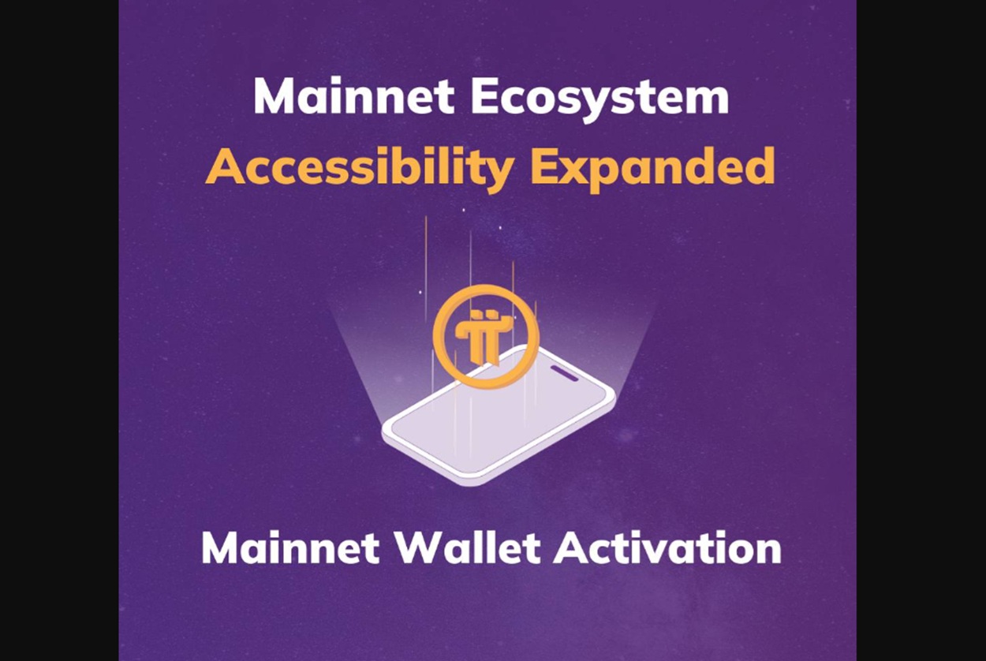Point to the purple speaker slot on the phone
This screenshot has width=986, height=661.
coord(564,373)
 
